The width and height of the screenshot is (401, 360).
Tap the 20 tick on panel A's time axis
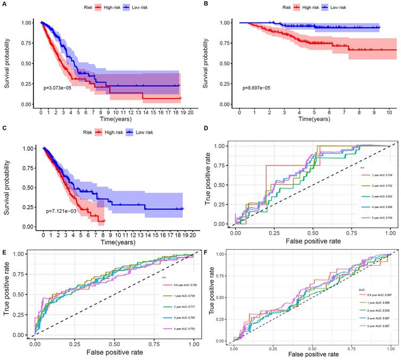189,113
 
